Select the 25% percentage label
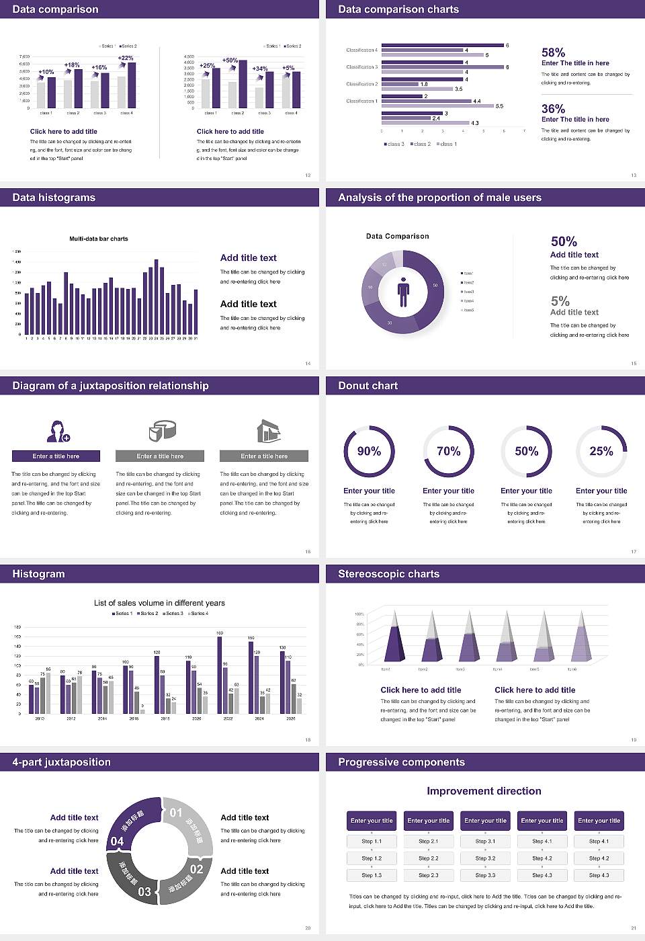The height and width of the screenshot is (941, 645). click(601, 451)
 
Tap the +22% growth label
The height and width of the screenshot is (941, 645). click(126, 58)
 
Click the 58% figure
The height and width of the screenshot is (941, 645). click(553, 52)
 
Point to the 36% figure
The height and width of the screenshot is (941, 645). click(553, 109)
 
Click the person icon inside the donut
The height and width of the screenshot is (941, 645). click(403, 292)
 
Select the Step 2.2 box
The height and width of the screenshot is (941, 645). click(429, 858)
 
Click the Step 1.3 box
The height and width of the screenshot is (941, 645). click(372, 875)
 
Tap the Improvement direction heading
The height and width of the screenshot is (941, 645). click(484, 791)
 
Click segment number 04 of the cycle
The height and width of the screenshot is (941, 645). click(117, 841)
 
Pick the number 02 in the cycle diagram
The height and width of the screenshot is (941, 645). click(196, 869)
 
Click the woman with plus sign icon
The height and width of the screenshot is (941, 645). click(58, 431)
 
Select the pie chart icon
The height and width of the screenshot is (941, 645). click(161, 430)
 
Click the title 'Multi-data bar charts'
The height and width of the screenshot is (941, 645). click(99, 239)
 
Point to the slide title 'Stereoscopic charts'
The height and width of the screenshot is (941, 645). click(388, 574)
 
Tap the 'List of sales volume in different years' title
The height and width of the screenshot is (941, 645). click(159, 603)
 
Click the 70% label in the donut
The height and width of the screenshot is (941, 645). click(448, 451)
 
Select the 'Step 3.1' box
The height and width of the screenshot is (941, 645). click(485, 842)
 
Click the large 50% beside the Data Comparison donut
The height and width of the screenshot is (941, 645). click(564, 241)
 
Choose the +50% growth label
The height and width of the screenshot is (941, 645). click(230, 60)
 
